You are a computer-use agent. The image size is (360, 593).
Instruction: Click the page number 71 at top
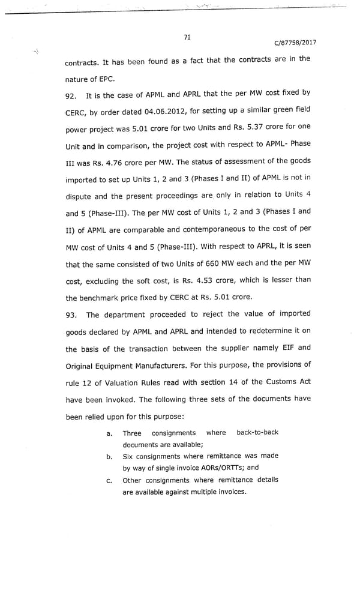[x=187, y=37]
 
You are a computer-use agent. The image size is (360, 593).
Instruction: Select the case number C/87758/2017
[x=295, y=43]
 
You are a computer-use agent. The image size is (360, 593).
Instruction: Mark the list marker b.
[x=109, y=456]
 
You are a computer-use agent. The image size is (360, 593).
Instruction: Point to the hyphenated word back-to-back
[x=257, y=432]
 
